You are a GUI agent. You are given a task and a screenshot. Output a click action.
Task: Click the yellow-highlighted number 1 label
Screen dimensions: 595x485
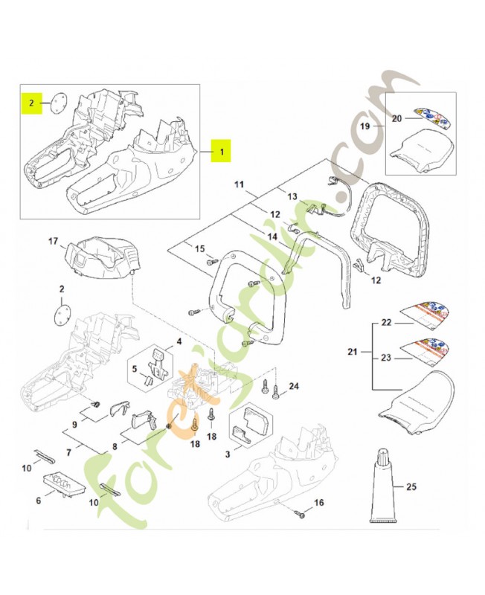[221, 151]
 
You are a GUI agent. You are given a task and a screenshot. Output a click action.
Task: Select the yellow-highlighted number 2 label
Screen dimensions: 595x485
[31, 104]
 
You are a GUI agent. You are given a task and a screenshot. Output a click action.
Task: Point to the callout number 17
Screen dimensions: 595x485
[53, 241]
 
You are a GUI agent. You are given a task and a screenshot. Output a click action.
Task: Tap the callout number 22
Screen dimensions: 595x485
[386, 324]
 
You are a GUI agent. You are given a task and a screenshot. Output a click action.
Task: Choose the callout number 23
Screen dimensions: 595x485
[386, 358]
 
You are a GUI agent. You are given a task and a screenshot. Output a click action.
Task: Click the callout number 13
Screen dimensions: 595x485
[292, 196]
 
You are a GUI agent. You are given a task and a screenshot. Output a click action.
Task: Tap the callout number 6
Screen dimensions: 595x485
[38, 501]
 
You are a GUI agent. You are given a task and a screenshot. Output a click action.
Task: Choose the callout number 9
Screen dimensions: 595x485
[74, 425]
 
